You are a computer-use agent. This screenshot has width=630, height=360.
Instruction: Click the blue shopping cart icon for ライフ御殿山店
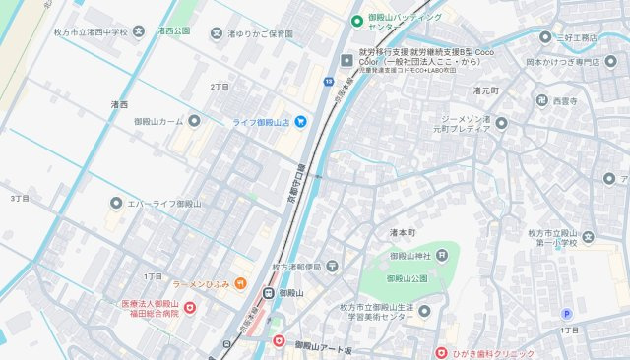(x=301, y=122)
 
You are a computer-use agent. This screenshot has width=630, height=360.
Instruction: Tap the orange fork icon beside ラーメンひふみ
(x=240, y=284)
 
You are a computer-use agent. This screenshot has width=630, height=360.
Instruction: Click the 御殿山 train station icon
(x=268, y=293)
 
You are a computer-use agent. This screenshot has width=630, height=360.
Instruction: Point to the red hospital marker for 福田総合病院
(x=190, y=308)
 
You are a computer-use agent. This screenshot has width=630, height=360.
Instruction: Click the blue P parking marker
(x=565, y=314)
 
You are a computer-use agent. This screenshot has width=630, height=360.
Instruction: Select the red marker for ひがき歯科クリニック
(x=442, y=353)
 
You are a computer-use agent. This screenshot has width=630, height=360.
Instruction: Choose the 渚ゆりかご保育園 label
(x=260, y=33)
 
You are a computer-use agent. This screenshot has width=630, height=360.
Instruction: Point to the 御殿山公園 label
(x=407, y=278)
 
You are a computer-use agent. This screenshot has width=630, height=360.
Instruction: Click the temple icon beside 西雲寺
(x=541, y=100)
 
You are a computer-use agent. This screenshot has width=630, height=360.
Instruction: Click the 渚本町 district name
(x=404, y=233)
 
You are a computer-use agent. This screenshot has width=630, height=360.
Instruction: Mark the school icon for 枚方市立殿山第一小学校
(x=588, y=236)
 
